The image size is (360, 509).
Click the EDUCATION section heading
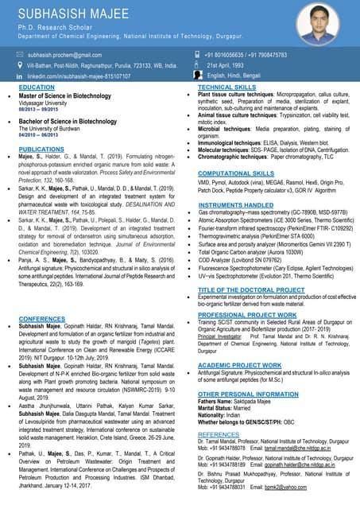(37, 87)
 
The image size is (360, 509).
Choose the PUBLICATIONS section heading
(41, 150)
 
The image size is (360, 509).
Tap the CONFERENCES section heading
(41, 319)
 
